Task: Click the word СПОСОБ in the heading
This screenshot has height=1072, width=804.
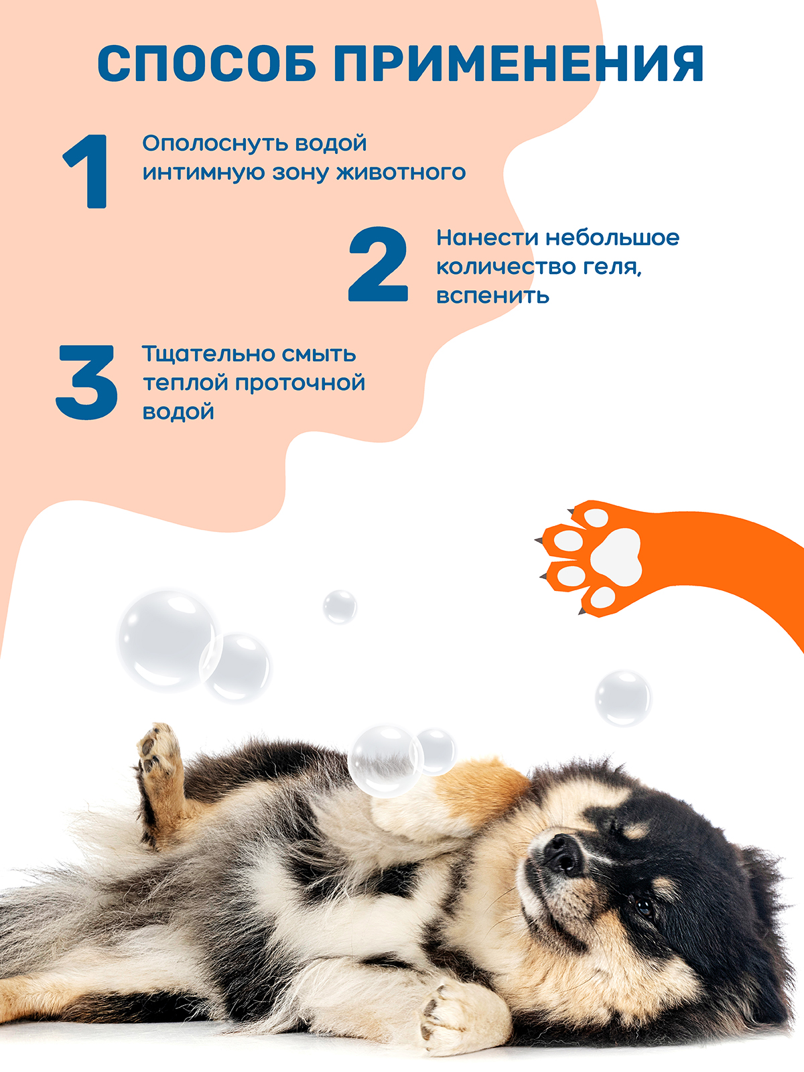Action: tap(206, 64)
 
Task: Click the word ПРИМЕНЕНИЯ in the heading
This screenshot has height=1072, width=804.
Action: tap(519, 64)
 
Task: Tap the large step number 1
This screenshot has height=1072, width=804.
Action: tap(86, 172)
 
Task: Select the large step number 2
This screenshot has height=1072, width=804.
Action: tap(378, 264)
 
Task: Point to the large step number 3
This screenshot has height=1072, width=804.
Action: tap(86, 383)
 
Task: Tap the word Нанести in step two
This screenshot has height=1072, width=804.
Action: tap(487, 238)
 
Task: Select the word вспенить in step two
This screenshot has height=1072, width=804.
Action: tap(492, 296)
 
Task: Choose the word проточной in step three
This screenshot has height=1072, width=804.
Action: tap(300, 383)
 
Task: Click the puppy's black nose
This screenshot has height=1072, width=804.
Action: tap(563, 854)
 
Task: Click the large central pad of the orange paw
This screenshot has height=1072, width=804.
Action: tap(616, 557)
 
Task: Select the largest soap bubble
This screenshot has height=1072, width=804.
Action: tap(167, 641)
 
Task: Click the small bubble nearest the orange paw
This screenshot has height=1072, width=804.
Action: tap(623, 698)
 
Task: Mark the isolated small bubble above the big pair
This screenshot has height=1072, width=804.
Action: tap(340, 607)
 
